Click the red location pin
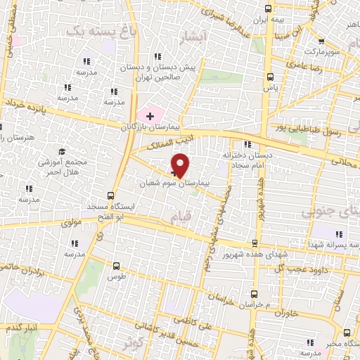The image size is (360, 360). (x=181, y=165)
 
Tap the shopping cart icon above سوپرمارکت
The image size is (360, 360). (x=321, y=41)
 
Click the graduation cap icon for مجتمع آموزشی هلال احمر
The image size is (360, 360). (x=61, y=151)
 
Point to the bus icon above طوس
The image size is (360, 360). (x=117, y=266)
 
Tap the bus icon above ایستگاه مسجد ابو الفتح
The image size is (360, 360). (x=110, y=196)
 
